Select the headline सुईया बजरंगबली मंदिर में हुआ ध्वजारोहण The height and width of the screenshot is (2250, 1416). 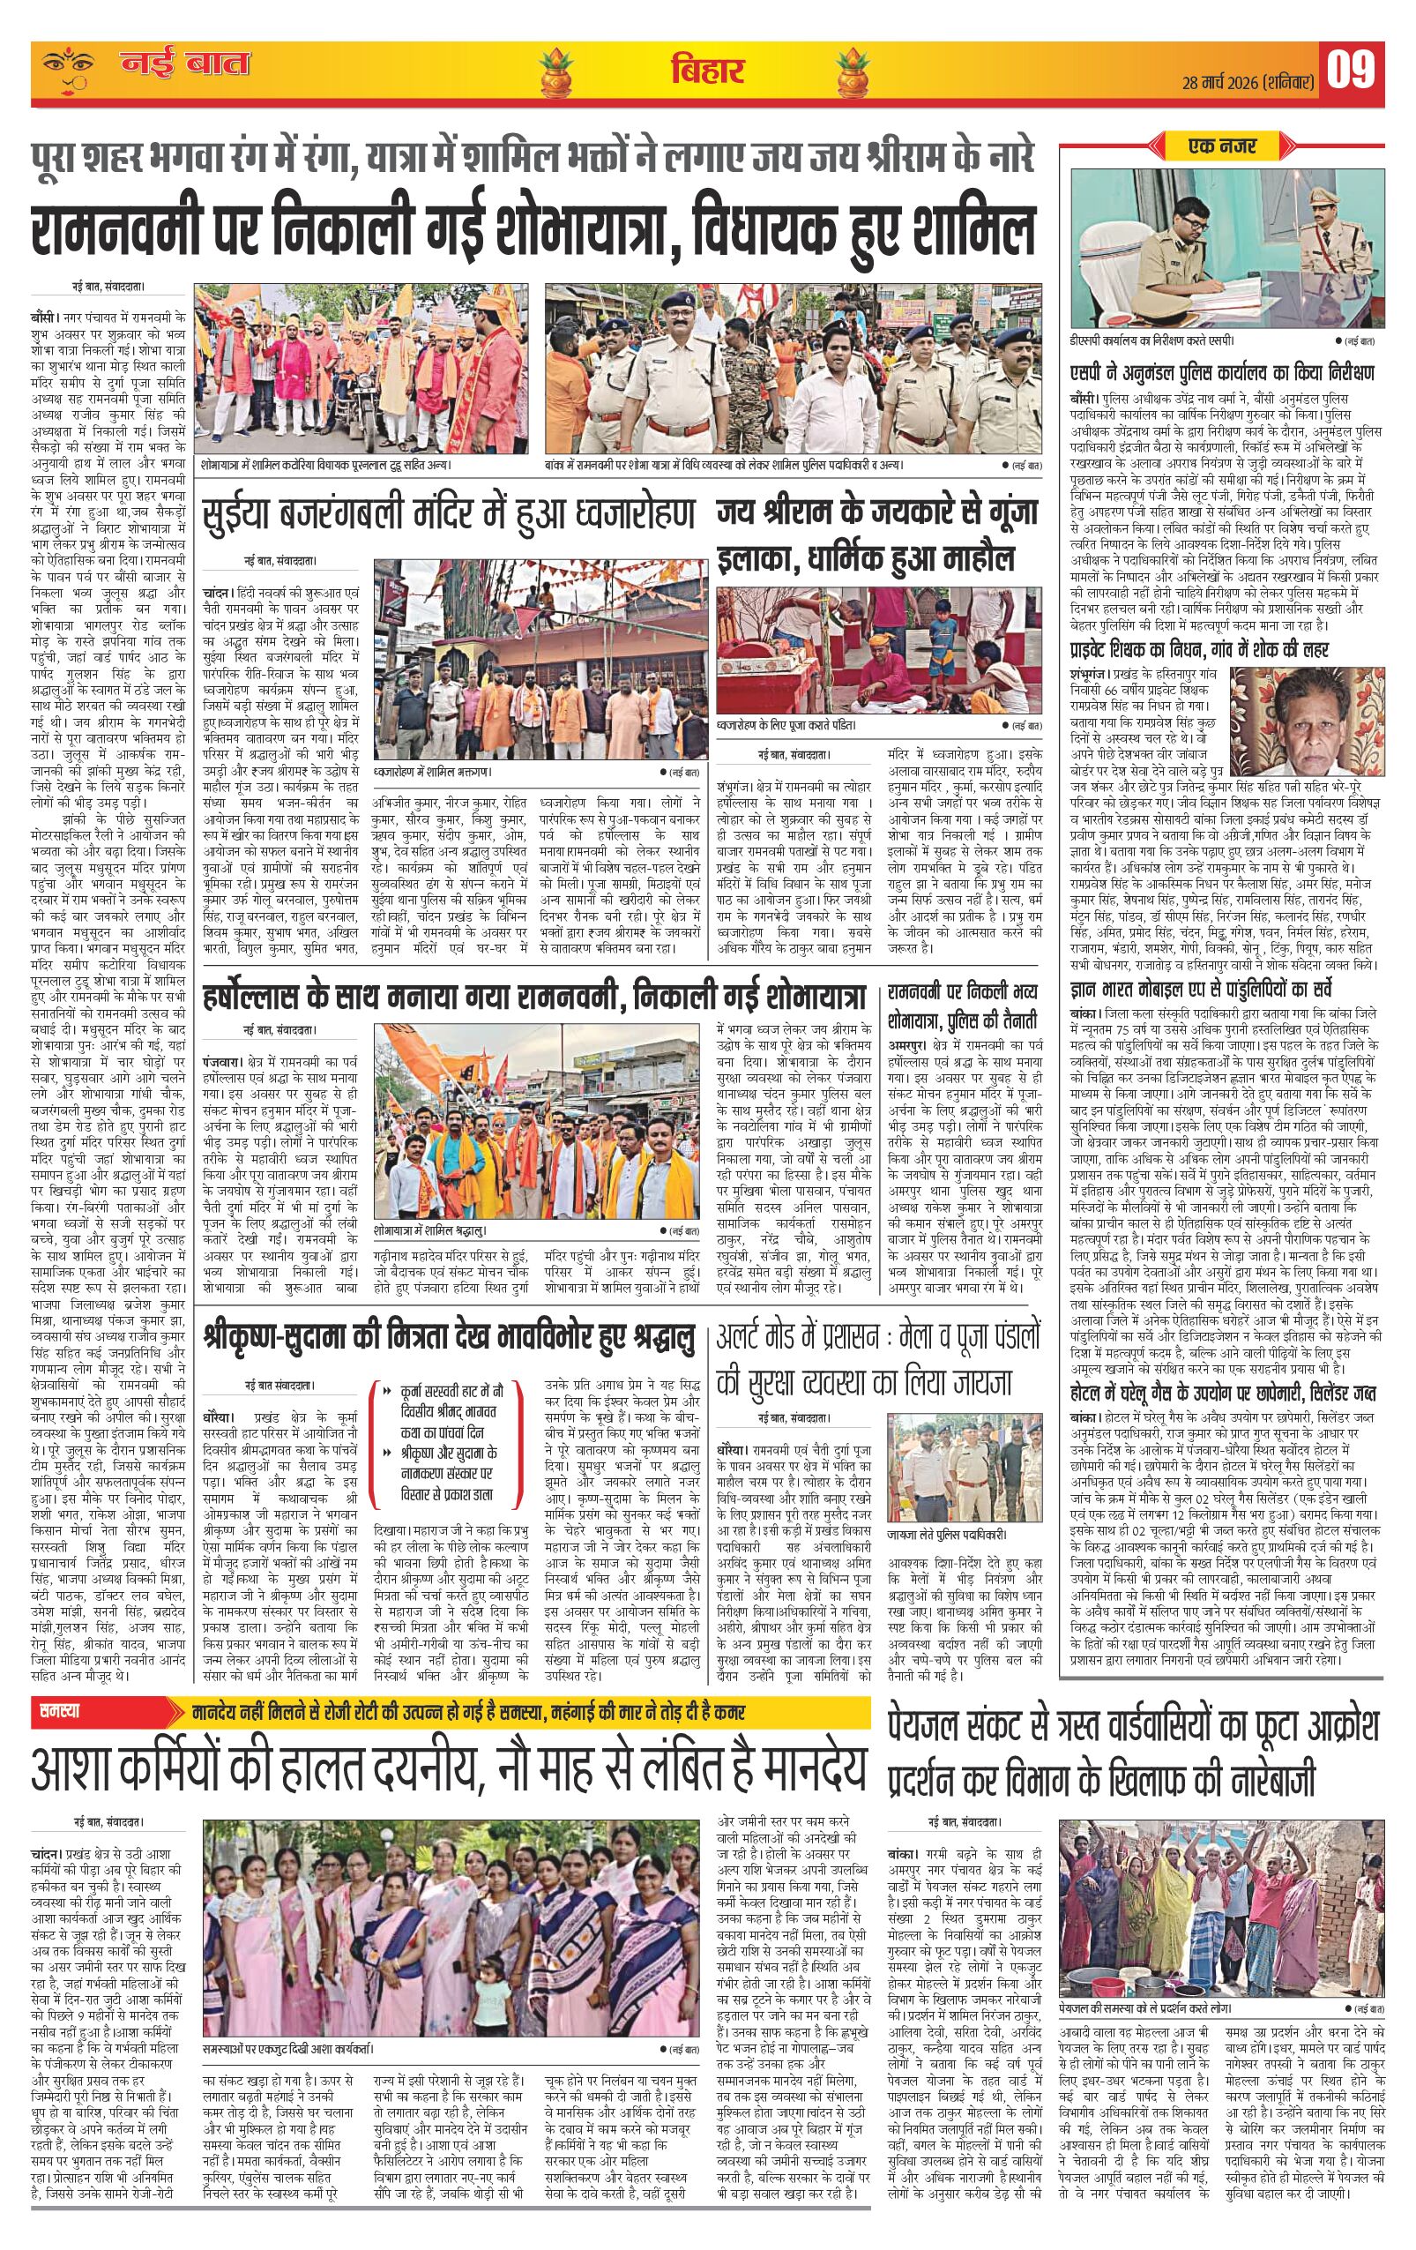click(x=448, y=515)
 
